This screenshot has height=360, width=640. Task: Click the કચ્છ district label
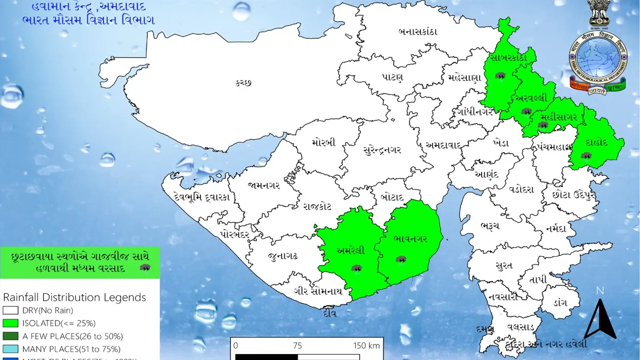point(242,83)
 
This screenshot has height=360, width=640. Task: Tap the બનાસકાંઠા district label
point(418,31)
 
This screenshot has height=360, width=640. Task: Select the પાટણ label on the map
point(392,77)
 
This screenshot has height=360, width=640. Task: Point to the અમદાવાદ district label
point(447,145)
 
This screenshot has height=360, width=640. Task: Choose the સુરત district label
point(503,266)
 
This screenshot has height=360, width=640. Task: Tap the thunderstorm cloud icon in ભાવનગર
point(401,259)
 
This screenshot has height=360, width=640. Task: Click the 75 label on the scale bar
point(298,345)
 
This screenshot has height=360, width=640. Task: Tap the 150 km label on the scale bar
point(367,345)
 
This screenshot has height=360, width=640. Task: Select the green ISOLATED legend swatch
point(11,323)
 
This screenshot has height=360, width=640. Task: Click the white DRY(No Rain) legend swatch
point(11,310)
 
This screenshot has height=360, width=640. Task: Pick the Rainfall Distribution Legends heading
point(74,297)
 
